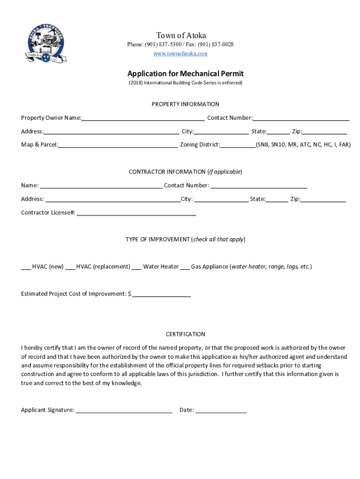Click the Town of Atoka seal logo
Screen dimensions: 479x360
(x=45, y=45)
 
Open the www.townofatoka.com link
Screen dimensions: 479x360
(x=180, y=54)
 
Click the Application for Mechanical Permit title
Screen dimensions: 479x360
(x=186, y=73)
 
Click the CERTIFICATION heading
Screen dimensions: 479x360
(x=186, y=334)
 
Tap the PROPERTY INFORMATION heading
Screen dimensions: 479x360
(x=186, y=104)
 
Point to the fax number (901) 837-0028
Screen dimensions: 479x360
(x=216, y=44)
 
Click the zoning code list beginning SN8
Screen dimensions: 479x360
(x=303, y=145)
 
